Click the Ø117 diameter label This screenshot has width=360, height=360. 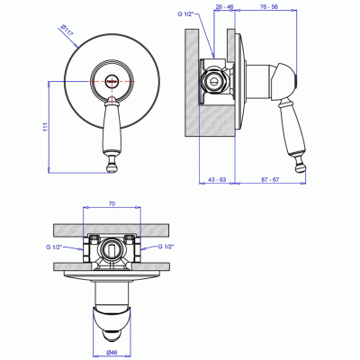[x=67, y=31]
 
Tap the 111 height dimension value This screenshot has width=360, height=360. [x=45, y=127]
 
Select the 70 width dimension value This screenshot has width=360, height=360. [x=112, y=203]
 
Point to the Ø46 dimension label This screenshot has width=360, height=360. [x=112, y=355]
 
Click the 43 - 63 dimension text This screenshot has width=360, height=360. [x=217, y=179]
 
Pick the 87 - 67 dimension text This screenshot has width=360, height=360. [x=270, y=179]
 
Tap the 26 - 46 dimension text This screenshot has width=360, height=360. [x=224, y=6]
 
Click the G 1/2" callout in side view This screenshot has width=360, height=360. [x=186, y=14]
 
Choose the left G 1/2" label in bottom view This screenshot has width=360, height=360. [x=54, y=247]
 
